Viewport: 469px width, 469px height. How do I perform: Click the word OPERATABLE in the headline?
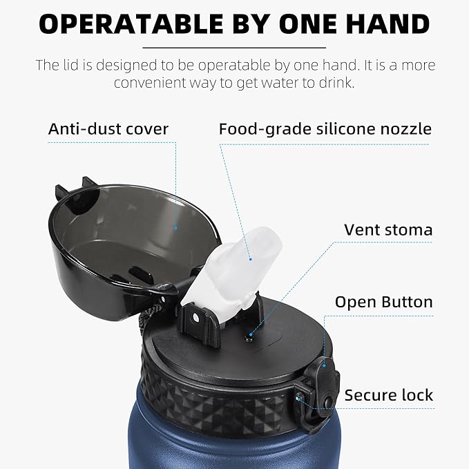coord(131,23)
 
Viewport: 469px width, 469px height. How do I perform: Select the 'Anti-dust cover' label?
coord(108,129)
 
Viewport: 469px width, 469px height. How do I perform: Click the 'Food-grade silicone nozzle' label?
coord(325,129)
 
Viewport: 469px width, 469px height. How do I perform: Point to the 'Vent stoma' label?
coord(388,230)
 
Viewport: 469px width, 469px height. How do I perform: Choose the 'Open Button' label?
coord(384,302)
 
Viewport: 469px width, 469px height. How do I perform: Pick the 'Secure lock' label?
coord(389,395)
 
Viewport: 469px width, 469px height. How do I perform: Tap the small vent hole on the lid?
coord(249,339)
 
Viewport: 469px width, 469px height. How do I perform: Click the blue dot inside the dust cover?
coord(175,228)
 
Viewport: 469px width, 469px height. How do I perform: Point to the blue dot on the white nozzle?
coord(250,259)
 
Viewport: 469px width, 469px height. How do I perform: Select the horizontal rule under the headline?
coord(234,48)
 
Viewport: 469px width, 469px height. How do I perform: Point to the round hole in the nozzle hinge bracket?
coord(195,318)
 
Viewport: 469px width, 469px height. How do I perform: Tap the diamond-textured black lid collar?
coord(218,401)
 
